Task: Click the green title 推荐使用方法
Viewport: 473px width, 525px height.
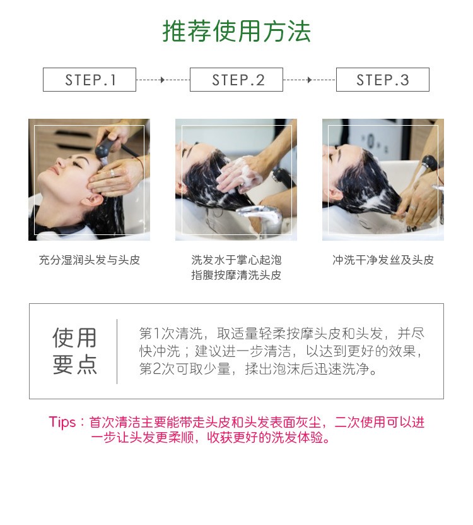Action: click(237, 31)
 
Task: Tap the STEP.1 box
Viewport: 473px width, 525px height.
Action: click(90, 80)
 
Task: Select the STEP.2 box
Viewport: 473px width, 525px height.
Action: click(237, 80)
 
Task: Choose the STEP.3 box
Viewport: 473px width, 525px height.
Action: click(383, 80)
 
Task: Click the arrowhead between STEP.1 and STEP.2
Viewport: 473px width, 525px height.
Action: click(163, 80)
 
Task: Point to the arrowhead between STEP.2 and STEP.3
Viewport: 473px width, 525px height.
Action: click(309, 80)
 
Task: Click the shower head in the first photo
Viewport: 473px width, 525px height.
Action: click(102, 150)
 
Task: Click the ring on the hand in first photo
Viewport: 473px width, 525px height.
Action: click(113, 172)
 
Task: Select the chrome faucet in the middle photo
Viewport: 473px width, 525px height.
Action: click(259, 217)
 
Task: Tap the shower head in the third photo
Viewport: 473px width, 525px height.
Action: click(429, 165)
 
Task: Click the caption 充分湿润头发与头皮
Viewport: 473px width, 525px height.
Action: click(90, 260)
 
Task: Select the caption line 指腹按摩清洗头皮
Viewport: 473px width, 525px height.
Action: click(237, 275)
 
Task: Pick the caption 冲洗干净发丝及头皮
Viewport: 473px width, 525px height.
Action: click(383, 260)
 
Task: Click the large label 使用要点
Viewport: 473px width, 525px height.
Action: click(75, 351)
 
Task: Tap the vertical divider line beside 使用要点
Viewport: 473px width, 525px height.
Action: click(117, 351)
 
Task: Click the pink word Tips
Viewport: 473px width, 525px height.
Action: click(62, 422)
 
